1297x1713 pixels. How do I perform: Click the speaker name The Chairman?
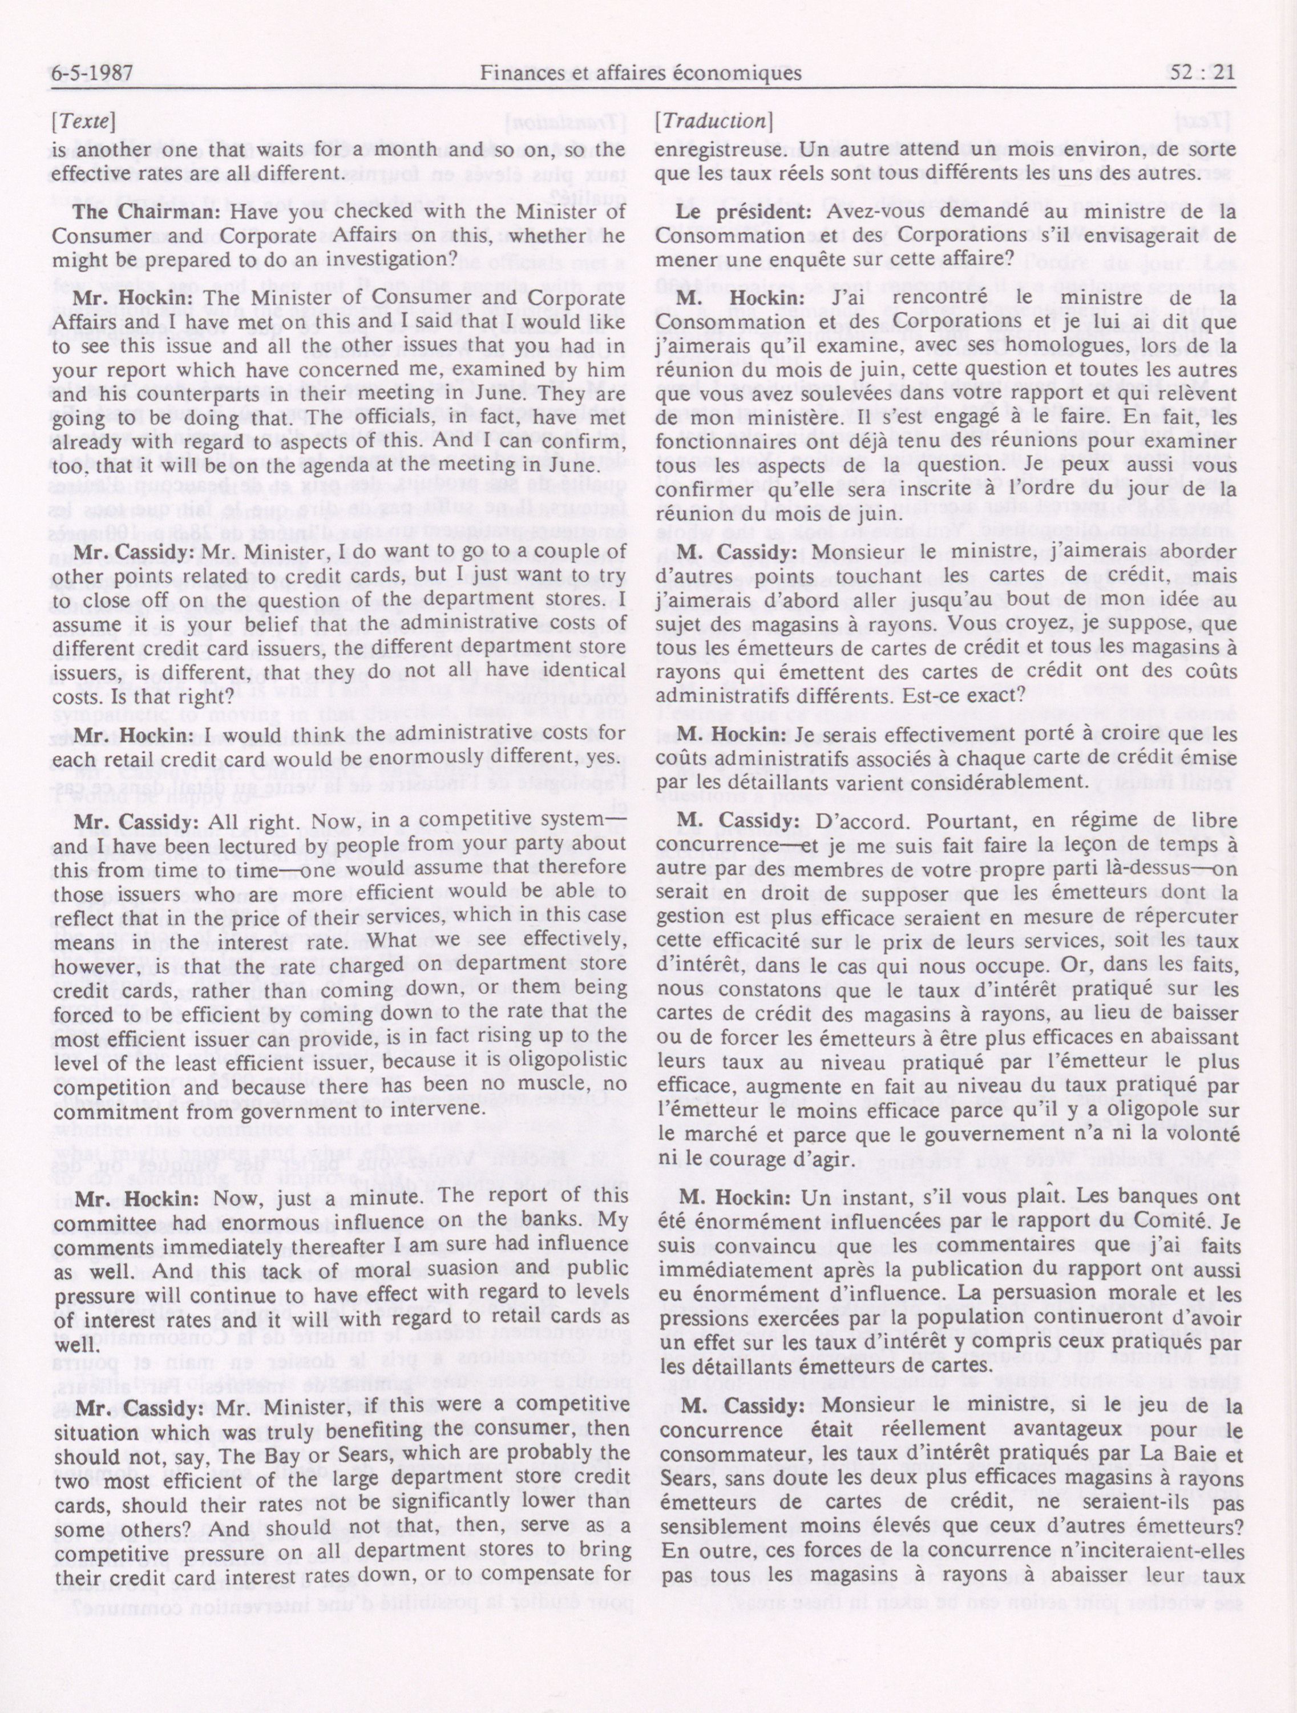(x=147, y=211)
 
